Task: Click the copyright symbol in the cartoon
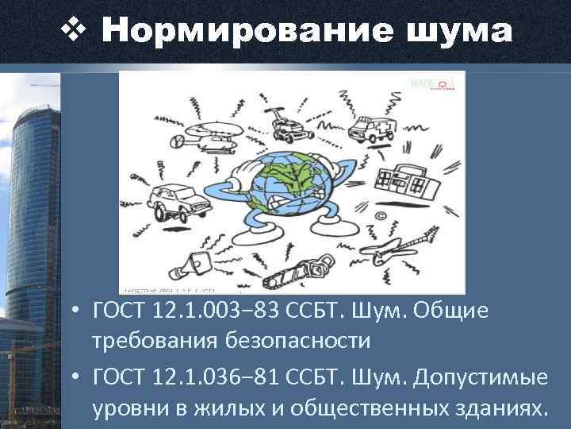point(380,214)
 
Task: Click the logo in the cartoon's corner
point(434,83)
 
